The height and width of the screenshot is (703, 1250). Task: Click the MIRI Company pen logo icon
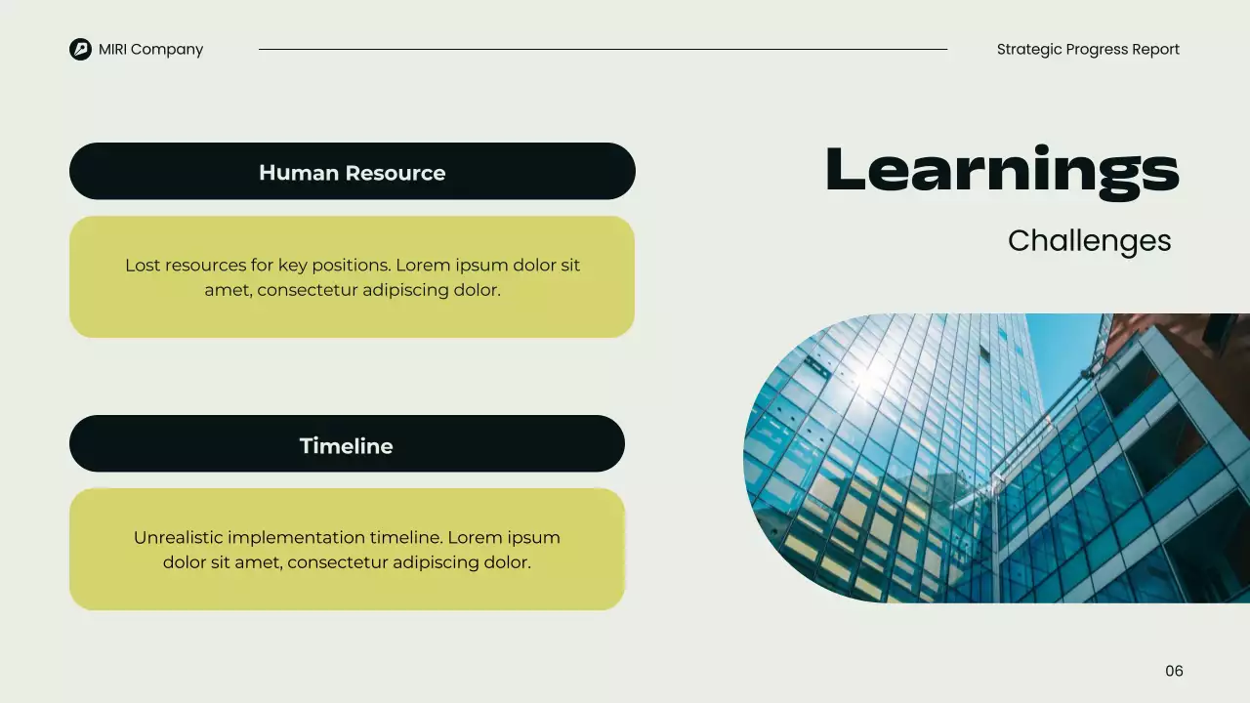[x=80, y=49]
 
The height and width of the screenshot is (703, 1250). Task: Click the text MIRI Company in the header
[x=150, y=49]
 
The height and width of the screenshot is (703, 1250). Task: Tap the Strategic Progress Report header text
[x=1088, y=49]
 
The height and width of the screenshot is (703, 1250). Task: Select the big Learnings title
[x=1002, y=171]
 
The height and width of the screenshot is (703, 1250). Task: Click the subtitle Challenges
[x=1089, y=240]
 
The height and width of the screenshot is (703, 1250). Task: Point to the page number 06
[x=1174, y=671]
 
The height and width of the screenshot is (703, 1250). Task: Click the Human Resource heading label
[x=352, y=173]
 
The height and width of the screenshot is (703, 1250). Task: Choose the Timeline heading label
[x=346, y=446]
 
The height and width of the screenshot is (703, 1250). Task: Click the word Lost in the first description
[x=143, y=266]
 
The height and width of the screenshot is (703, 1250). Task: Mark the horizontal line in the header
[x=603, y=49]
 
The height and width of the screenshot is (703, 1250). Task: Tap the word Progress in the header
[x=1097, y=49]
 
